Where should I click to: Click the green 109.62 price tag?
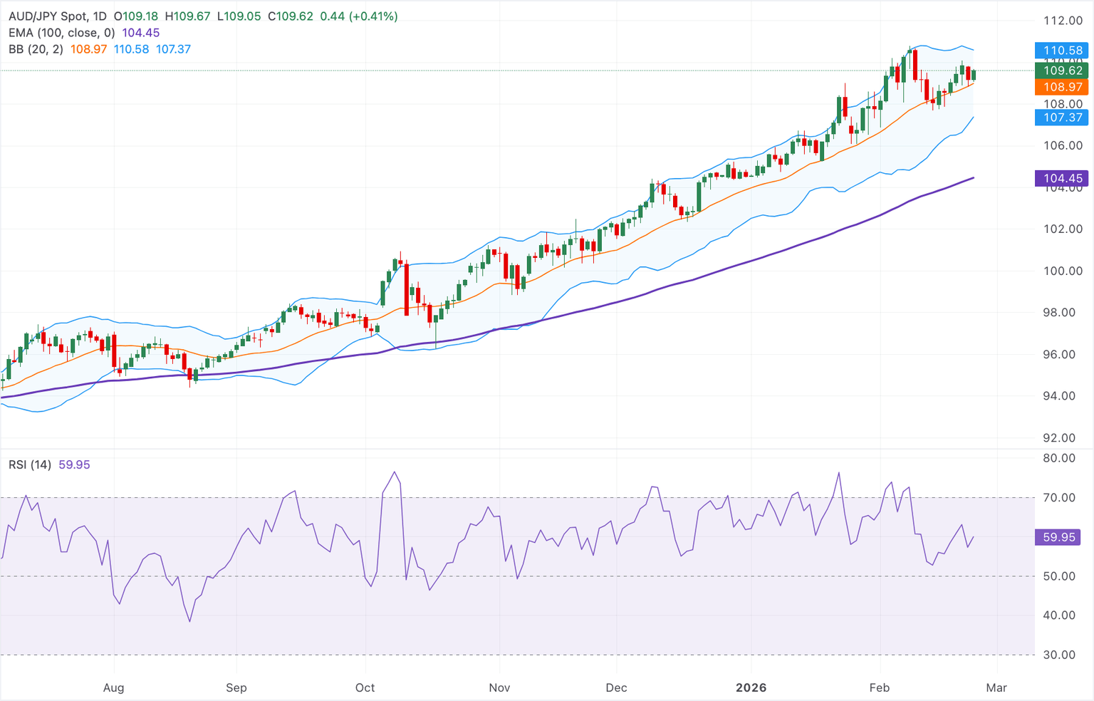click(1061, 70)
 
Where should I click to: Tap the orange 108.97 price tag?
click(1061, 87)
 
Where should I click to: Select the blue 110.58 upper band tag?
click(1061, 51)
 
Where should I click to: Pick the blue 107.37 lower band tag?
click(1061, 118)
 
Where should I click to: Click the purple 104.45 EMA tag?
click(1061, 178)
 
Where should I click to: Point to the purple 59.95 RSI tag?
click(1058, 537)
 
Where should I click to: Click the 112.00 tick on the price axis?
click(1063, 21)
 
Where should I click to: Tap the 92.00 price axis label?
click(1063, 437)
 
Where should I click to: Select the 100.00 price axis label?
click(1063, 271)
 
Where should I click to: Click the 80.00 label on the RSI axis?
click(1059, 458)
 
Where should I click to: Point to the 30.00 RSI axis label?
click(1059, 655)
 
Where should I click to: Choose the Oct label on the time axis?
click(365, 687)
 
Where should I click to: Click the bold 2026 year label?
click(751, 687)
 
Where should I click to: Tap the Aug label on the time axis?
click(113, 687)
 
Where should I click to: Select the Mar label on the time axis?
click(996, 687)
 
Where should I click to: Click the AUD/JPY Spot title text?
click(49, 16)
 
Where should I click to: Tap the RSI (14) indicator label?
click(30, 464)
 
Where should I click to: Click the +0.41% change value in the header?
click(373, 16)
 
